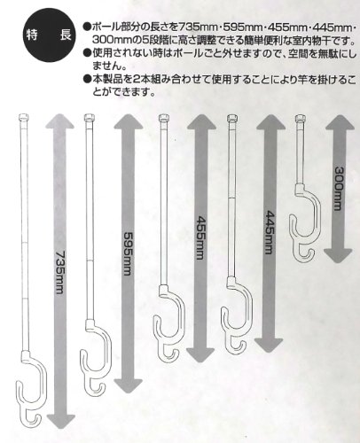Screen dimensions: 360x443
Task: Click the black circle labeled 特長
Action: pyautogui.click(x=48, y=35)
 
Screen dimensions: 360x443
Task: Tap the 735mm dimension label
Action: pyautogui.click(x=60, y=271)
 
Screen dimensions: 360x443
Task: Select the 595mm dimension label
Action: pyautogui.click(x=128, y=253)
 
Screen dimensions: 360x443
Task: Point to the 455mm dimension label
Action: pyautogui.click(x=200, y=237)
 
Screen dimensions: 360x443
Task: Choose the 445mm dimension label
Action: pyautogui.click(x=270, y=232)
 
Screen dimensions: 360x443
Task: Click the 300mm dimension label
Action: pyautogui.click(x=339, y=189)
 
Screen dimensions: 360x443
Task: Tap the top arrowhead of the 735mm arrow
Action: pyautogui.click(x=59, y=121)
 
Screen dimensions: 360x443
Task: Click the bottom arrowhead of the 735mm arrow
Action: pyautogui.click(x=61, y=421)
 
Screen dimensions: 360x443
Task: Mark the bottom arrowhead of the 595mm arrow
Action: pyautogui.click(x=129, y=385)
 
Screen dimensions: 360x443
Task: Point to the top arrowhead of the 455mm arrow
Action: pyautogui.click(x=201, y=122)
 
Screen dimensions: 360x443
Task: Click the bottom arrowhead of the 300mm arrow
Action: pyautogui.click(x=338, y=256)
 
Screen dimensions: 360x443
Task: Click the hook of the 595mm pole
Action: pyautogui.click(x=96, y=356)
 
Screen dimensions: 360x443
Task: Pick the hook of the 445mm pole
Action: pyautogui.click(x=237, y=315)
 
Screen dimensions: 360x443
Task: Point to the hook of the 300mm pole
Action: pyautogui.click(x=305, y=222)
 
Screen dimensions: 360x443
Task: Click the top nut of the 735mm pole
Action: pyautogui.click(x=23, y=117)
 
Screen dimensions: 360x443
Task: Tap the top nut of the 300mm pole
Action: pyautogui.click(x=300, y=119)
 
